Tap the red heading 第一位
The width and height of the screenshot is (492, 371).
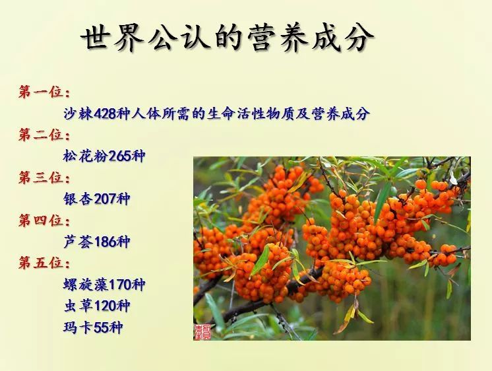click(44, 92)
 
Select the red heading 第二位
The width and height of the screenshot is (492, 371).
click(44, 135)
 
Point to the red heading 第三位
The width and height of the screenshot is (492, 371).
click(44, 178)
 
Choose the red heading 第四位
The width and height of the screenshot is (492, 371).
click(44, 220)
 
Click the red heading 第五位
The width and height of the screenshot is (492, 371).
click(44, 263)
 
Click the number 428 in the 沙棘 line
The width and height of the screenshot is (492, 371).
click(106, 114)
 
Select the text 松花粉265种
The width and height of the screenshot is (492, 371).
click(104, 156)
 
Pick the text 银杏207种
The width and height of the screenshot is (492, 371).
click(96, 199)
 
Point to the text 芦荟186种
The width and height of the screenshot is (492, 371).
click(96, 242)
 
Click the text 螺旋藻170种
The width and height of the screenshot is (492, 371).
click(104, 285)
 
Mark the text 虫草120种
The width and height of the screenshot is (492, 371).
click(96, 306)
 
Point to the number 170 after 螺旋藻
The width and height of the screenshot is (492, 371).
click(120, 285)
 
